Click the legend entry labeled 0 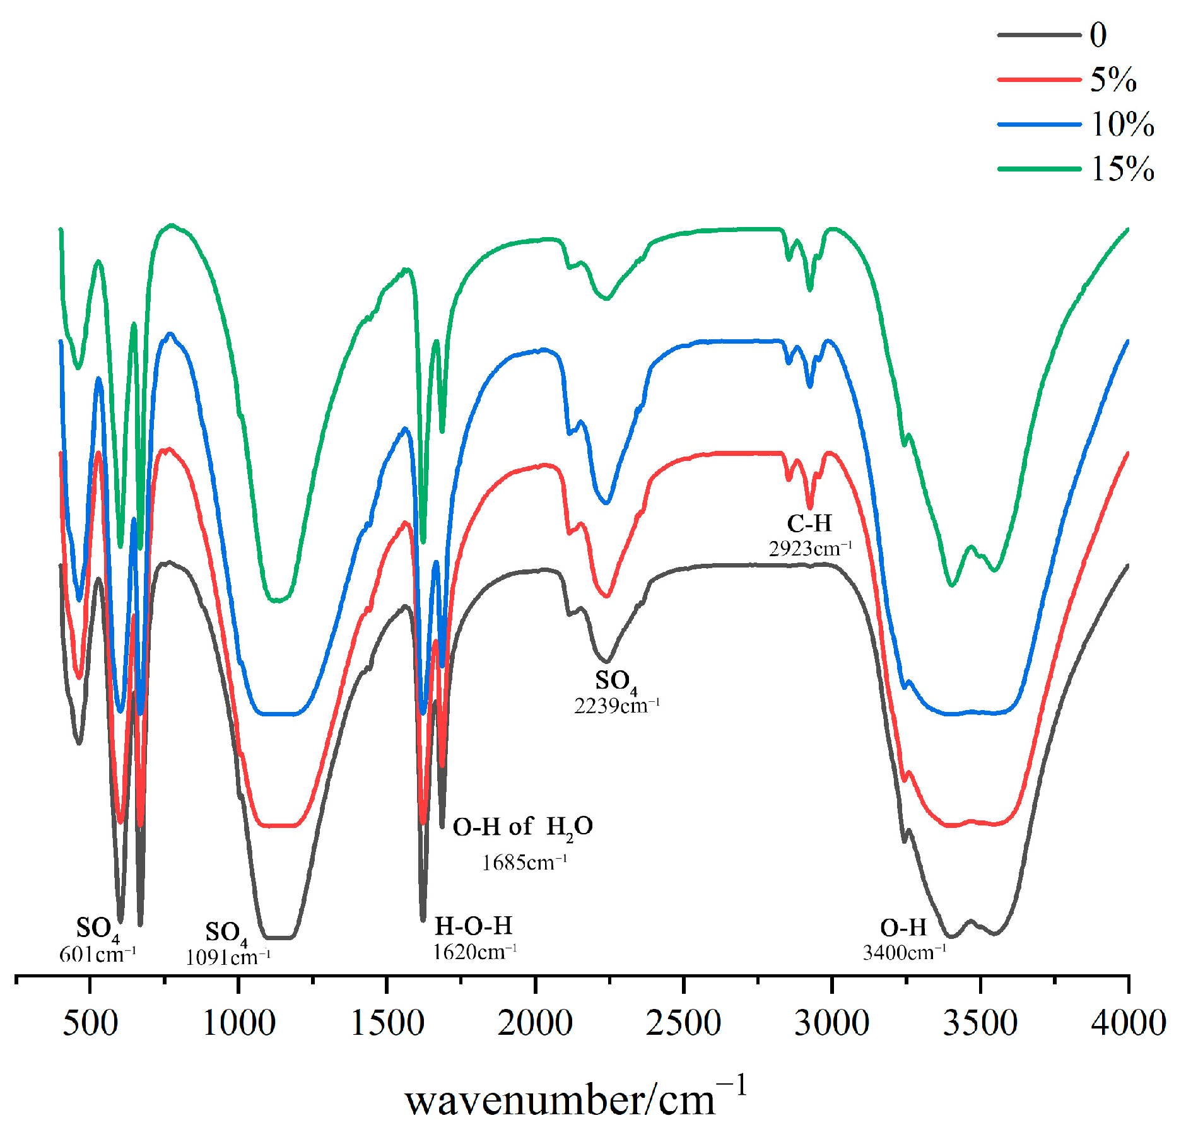pyautogui.click(x=1098, y=35)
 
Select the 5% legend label pyautogui.click(x=1113, y=80)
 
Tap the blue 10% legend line pyautogui.click(x=1039, y=124)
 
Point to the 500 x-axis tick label pyautogui.click(x=90, y=1022)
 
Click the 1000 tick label pyautogui.click(x=238, y=1022)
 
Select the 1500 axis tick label pyautogui.click(x=387, y=1022)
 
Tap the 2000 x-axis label pyautogui.click(x=535, y=1022)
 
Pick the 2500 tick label pyautogui.click(x=683, y=1022)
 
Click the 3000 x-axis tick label pyautogui.click(x=831, y=1022)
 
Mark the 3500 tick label pyautogui.click(x=980, y=1022)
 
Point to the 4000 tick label pyautogui.click(x=1128, y=1022)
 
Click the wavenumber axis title pyautogui.click(x=575, y=1101)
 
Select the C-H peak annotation pyautogui.click(x=809, y=523)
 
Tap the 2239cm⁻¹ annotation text pyautogui.click(x=616, y=706)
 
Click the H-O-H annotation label pyautogui.click(x=473, y=926)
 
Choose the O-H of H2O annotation pyautogui.click(x=522, y=827)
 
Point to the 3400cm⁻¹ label pyautogui.click(x=904, y=952)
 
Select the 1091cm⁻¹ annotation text pyautogui.click(x=228, y=958)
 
